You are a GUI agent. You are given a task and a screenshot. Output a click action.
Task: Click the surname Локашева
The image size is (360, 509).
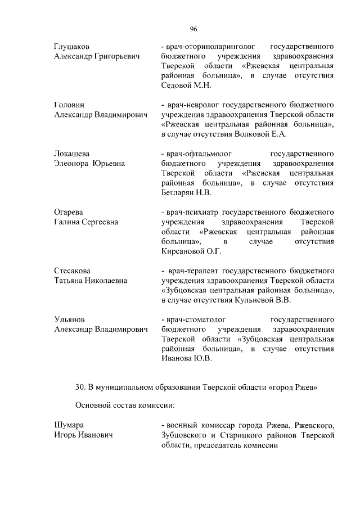click(72, 154)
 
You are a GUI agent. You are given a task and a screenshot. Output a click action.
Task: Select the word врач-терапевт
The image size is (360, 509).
click(193, 271)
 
